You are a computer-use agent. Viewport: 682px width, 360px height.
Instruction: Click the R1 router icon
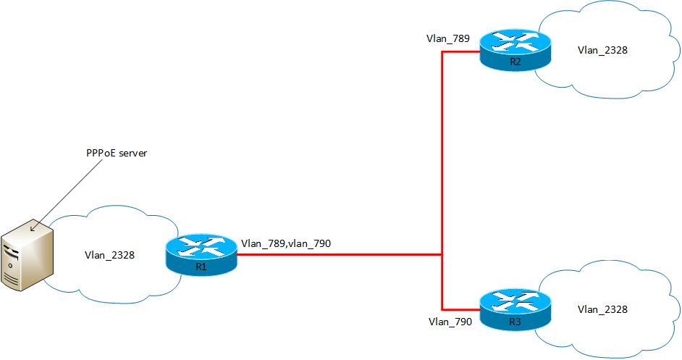pos(201,255)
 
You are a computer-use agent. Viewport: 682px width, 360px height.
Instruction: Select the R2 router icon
pos(515,50)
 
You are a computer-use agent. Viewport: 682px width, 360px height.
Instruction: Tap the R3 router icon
pos(515,309)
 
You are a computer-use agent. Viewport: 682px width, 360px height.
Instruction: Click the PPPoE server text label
pos(117,154)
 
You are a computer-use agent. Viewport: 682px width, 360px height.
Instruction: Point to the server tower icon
pos(27,255)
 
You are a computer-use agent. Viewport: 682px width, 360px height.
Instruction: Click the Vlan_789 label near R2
pos(448,38)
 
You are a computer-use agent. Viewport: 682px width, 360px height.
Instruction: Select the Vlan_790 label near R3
pos(450,322)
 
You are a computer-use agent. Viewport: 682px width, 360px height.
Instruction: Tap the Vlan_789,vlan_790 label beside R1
pos(286,244)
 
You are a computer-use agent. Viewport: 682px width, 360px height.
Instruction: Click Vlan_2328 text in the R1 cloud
pos(109,255)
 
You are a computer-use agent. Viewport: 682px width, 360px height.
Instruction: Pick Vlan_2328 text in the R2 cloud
pos(602,51)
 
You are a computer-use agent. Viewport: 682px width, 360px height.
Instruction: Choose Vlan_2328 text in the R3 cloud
pos(602,309)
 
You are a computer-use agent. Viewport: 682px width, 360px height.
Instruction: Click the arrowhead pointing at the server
pos(33,229)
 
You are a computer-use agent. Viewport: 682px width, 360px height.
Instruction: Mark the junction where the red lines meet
pos(442,255)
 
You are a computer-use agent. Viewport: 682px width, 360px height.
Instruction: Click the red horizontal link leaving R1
pos(340,255)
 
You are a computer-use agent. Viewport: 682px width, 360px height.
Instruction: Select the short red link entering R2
pos(461,52)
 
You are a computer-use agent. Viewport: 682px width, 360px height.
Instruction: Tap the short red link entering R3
pos(461,310)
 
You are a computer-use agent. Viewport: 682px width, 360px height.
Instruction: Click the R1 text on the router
pos(201,267)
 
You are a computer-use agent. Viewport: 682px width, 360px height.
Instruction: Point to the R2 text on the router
pos(515,62)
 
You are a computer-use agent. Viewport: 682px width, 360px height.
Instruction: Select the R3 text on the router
pos(515,322)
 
